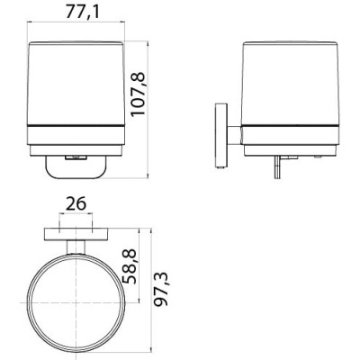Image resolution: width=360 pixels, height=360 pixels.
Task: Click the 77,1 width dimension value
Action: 82,12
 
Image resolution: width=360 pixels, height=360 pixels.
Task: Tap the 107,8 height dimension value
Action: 138,94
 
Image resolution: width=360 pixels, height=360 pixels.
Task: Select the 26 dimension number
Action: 76,203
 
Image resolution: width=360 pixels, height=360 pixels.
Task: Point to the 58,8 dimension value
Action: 130,266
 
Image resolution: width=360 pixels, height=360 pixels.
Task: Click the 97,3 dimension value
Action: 160,290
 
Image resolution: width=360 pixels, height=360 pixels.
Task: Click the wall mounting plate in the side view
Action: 221,136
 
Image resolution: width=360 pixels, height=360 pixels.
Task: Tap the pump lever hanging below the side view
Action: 277,167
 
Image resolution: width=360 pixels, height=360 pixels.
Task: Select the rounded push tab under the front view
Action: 76,166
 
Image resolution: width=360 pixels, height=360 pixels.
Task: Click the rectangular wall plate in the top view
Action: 76,234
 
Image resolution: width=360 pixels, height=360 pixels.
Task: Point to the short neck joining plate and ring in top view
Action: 76,247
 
